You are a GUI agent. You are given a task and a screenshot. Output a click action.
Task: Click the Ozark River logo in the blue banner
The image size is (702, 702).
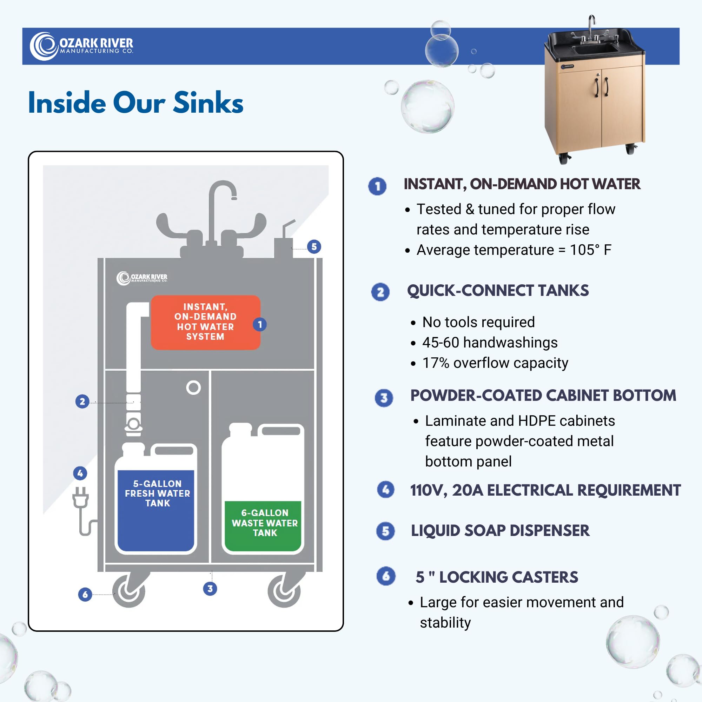[x=81, y=46]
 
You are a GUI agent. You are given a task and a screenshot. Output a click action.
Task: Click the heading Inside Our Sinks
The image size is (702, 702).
[x=135, y=103]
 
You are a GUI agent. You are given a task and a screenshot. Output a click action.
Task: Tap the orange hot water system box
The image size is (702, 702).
[x=206, y=322]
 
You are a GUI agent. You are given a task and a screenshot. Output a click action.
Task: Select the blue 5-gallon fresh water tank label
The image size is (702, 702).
[x=157, y=493]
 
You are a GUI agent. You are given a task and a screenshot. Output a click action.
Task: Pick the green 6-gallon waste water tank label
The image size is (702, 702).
[x=265, y=523]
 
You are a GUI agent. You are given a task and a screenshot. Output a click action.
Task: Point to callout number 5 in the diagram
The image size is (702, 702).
[x=314, y=247]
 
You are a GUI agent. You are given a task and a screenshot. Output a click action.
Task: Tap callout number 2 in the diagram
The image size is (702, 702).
[x=82, y=402]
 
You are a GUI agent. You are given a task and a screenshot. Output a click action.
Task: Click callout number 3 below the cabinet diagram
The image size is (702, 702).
[x=210, y=589]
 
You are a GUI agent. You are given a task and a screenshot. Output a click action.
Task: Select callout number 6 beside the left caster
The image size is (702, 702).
[x=85, y=595]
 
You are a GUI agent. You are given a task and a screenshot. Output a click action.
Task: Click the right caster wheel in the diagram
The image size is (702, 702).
[x=285, y=590]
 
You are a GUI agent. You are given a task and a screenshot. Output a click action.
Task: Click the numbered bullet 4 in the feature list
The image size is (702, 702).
[x=385, y=489]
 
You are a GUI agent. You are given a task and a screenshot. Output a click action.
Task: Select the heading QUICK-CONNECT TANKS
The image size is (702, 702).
[x=498, y=291]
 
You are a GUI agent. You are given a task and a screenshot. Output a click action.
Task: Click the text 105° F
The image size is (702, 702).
[x=590, y=250]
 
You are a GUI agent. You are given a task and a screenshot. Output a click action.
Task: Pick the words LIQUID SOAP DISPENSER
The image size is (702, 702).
[x=500, y=530]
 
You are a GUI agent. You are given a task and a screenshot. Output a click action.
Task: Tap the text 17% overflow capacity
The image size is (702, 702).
[x=495, y=363]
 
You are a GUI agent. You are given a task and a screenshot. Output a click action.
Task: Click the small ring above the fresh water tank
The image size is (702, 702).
[x=194, y=388]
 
